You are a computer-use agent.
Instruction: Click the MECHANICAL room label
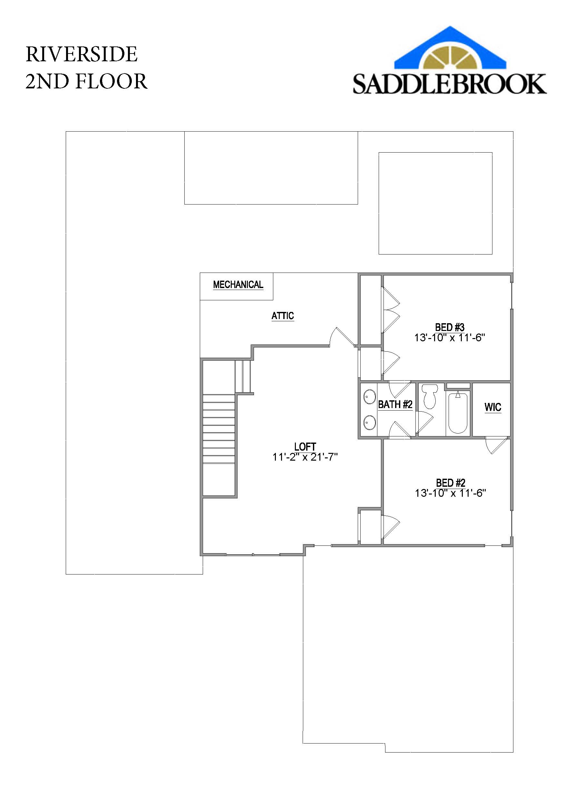(238, 285)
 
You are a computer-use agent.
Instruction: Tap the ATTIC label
(282, 315)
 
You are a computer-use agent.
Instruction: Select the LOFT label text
(305, 447)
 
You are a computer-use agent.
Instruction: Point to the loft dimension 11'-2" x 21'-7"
(305, 457)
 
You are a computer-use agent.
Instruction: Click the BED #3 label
(450, 327)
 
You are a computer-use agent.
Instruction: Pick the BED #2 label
(450, 483)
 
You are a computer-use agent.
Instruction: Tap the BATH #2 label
(395, 404)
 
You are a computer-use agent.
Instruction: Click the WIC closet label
(493, 407)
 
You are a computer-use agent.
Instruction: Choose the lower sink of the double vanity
(369, 422)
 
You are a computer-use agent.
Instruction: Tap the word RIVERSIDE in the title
(82, 55)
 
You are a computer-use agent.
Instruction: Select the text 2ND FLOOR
(86, 81)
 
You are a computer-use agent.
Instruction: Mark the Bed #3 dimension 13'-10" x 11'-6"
(450, 338)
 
